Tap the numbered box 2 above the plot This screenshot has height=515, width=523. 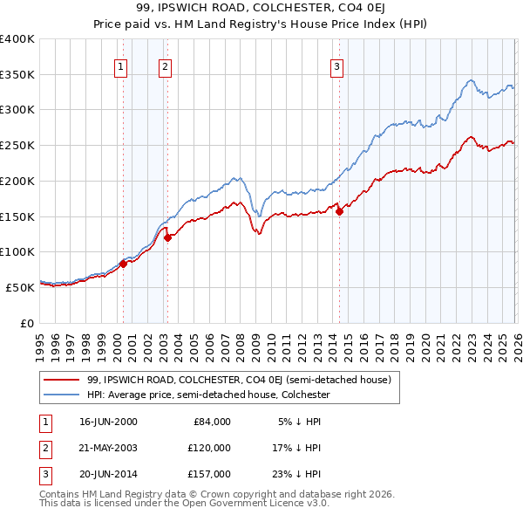tap(165, 65)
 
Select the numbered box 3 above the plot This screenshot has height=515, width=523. tap(336, 65)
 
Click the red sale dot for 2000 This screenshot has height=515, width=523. tap(123, 263)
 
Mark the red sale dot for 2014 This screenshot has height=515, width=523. tap(339, 211)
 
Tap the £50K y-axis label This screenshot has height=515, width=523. tap(20, 287)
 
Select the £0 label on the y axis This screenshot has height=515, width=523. tap(27, 323)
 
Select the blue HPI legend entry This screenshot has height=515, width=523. tap(208, 395)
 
